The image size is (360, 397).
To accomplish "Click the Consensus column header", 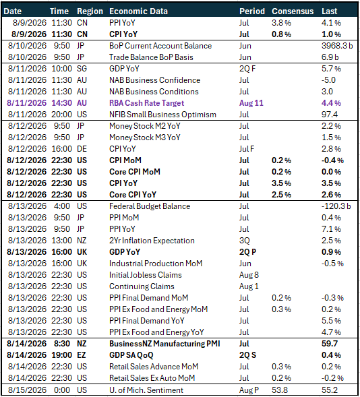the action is point(293,11).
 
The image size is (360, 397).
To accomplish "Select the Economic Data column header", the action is point(138,11).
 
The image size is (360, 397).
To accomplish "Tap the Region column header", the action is point(90,11).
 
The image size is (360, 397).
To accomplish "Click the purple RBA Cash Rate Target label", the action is point(146,103).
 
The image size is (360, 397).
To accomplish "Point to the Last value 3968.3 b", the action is point(337,46).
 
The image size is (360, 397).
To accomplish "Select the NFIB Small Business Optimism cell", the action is point(162,115).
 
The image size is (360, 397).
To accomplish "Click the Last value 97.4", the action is point(330,115).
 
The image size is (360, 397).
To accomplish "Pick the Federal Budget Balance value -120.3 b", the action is point(336,206).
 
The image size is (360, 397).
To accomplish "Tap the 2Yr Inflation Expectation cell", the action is point(152,241).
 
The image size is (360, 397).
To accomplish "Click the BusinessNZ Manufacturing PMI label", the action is point(164,344).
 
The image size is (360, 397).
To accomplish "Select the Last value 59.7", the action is point(330,344).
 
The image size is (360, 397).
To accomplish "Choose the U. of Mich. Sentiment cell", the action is point(146,390).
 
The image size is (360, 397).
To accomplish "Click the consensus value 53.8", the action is point(280,390).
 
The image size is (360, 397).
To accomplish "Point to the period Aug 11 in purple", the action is point(251,103).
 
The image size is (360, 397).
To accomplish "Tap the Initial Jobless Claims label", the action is point(146,275).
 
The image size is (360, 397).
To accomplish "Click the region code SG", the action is point(82,69).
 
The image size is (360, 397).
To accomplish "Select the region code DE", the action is point(82,149).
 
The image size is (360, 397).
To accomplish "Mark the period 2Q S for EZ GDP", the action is point(247,355).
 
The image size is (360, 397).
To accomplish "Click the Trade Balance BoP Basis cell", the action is point(151,57).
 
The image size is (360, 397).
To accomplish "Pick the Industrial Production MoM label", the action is point(156,264).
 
